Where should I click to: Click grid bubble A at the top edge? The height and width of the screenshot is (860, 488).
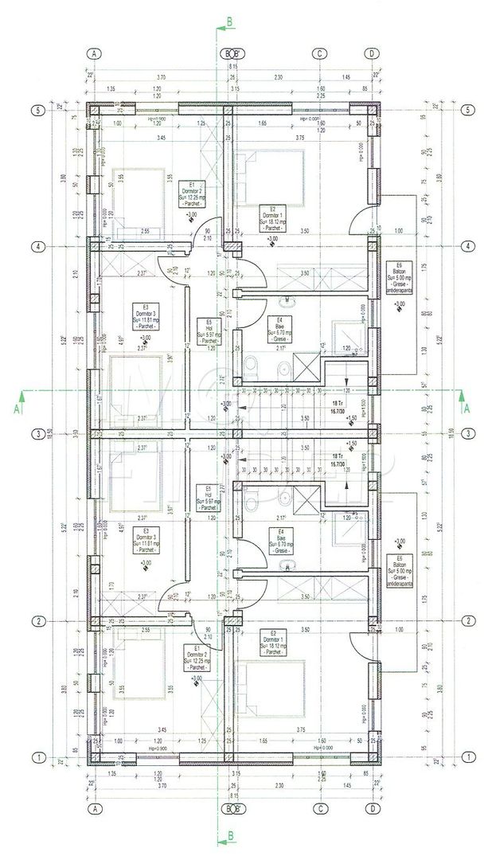(x=95, y=53)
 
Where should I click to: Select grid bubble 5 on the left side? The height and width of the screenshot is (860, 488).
(x=37, y=110)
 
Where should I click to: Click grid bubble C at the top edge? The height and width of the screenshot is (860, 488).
(x=320, y=53)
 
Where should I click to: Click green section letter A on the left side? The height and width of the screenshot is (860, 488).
(x=18, y=408)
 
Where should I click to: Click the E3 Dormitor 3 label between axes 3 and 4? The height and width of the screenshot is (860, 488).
(x=145, y=317)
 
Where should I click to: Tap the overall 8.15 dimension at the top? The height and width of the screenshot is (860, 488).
(x=232, y=68)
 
